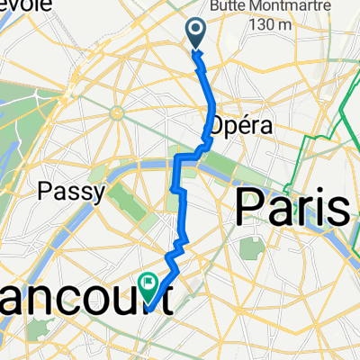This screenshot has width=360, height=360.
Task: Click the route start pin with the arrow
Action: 197,35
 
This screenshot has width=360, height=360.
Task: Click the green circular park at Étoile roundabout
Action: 117,112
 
